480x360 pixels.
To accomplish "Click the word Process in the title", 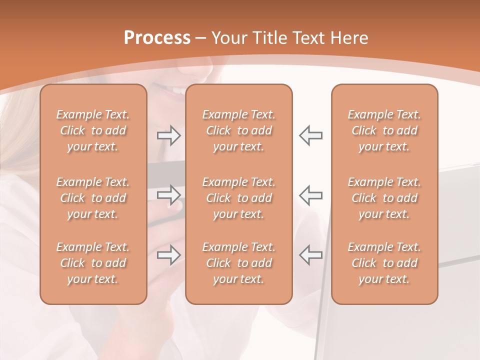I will (157, 38).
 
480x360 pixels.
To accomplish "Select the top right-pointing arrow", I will (168, 135).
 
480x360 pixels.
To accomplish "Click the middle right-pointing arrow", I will (168, 195).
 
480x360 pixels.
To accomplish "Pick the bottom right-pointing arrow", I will (168, 255).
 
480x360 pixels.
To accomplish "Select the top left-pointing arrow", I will (311, 135).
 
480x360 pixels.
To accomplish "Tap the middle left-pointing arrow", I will (311, 195).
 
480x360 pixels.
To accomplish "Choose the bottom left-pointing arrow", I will (311, 255).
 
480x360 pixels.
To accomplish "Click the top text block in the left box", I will (93, 130).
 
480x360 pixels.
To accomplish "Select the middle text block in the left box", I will (93, 198).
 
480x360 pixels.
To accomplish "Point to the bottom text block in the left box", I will (93, 263).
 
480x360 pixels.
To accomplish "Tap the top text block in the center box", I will (239, 130).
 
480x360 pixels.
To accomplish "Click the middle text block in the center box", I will (239, 198).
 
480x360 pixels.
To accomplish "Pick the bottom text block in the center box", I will (239, 263).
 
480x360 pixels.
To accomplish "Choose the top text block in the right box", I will (384, 130).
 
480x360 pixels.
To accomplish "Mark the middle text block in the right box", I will (384, 198).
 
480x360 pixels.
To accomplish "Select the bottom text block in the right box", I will (384, 263).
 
